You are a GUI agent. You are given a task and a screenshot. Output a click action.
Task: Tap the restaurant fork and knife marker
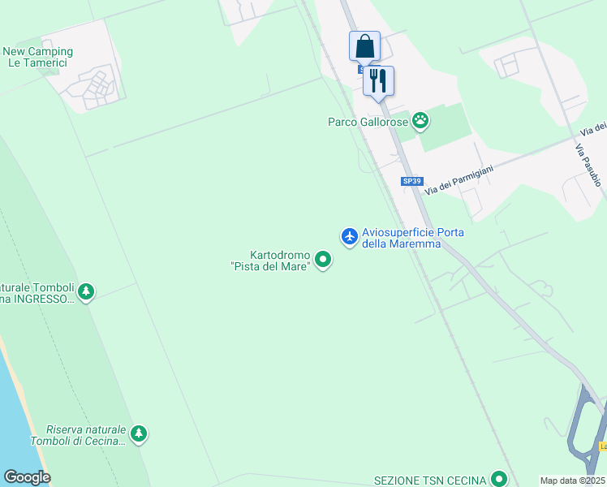(378, 80)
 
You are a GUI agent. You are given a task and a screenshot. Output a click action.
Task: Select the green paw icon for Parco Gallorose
(420, 122)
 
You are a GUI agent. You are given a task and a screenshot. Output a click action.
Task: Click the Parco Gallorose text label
(368, 122)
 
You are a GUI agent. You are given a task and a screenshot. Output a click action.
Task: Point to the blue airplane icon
(350, 236)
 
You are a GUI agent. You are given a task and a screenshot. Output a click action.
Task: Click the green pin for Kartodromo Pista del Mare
(323, 260)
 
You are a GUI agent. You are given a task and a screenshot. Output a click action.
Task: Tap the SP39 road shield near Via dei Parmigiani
(412, 182)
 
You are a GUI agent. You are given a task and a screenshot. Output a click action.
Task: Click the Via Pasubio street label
(588, 166)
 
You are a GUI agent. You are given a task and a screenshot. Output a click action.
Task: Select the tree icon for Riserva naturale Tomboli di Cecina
(139, 434)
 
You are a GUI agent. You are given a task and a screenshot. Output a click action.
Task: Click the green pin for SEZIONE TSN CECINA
(502, 480)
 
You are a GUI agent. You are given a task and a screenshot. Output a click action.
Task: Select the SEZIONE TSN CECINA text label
(430, 480)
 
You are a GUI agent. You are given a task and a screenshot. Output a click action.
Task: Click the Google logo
(27, 477)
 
